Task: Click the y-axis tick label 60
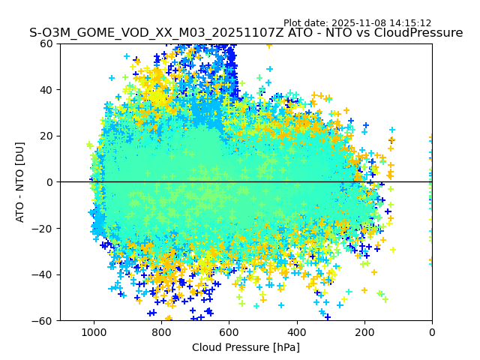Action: (46, 43)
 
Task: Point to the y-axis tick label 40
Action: (46, 90)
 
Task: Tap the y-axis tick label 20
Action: (46, 136)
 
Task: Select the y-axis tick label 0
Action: (49, 182)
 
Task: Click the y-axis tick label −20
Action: (43, 229)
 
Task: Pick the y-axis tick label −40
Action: (43, 274)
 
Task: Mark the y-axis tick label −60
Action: (43, 321)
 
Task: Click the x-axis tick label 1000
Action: (94, 331)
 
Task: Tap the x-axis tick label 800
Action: (161, 331)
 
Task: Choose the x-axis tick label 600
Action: (229, 331)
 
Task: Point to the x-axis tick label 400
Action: (296, 331)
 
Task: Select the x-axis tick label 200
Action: (364, 331)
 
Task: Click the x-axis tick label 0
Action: (432, 331)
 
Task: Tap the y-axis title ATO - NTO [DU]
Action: (21, 182)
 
